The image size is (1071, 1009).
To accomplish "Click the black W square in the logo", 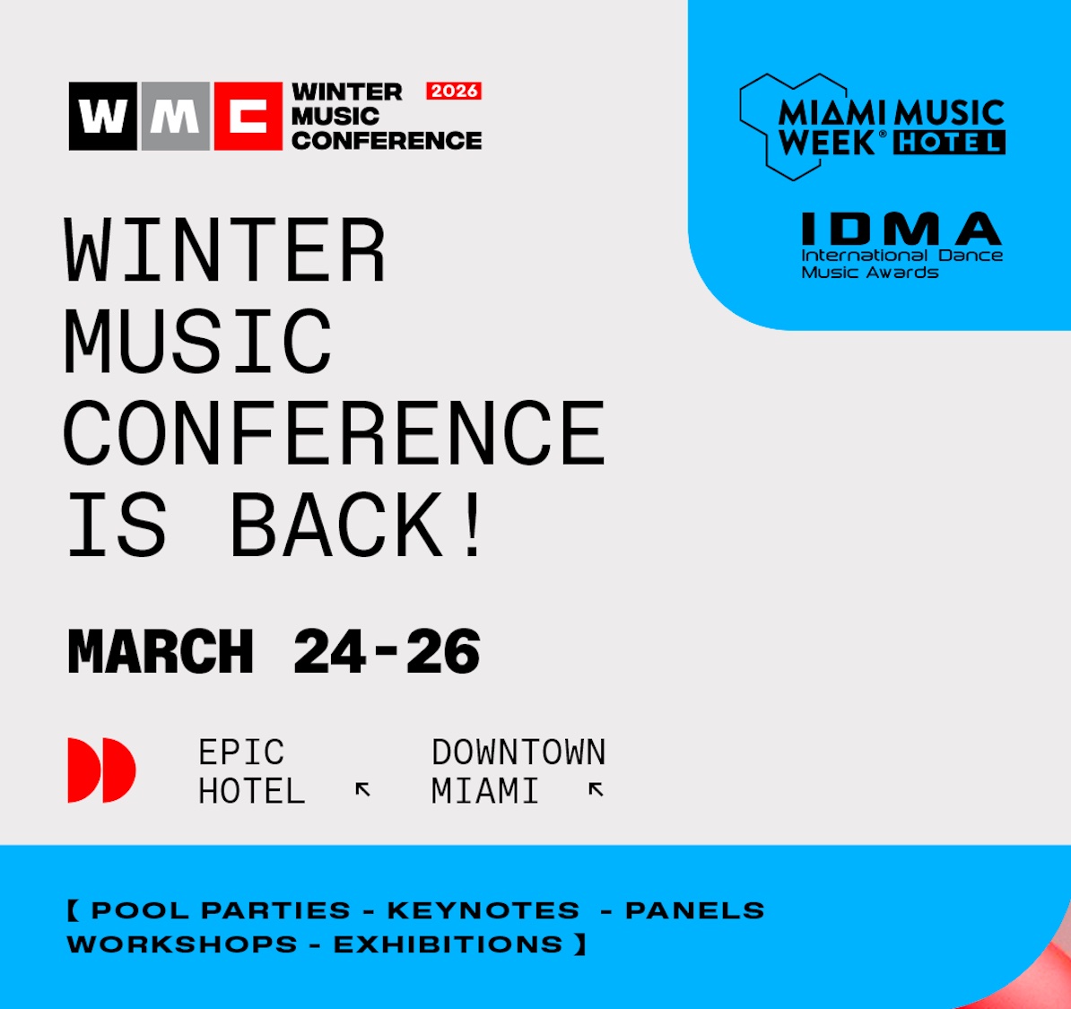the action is tap(102, 116).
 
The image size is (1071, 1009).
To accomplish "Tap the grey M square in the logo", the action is tap(176, 116).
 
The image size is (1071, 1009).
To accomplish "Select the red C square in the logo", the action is tap(248, 116).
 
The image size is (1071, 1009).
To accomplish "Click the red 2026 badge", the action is tap(454, 91).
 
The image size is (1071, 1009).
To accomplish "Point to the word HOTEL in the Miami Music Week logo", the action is tap(949, 142).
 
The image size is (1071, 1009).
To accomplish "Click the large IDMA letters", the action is tap(901, 228).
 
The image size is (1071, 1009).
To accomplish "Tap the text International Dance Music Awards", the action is tap(901, 264).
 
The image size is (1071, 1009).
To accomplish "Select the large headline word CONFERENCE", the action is tap(334, 433).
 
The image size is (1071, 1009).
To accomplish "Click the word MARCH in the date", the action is tap(161, 652).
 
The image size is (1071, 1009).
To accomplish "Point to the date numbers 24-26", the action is tap(387, 652).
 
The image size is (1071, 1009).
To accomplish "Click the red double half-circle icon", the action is tap(101, 770).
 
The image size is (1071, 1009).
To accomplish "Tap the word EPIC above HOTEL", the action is tap(241, 752).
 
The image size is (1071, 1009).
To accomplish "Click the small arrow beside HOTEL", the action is tap(362, 790).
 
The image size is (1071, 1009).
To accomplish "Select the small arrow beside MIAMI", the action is tap(596, 790).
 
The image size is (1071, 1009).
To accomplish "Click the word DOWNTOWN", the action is tap(518, 752).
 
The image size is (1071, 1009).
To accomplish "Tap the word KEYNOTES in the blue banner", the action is tap(483, 910).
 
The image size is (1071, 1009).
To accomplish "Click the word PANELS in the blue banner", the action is tap(694, 910).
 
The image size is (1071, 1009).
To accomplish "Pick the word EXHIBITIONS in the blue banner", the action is tap(448, 944).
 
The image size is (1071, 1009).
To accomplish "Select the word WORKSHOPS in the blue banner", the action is tap(182, 944).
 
